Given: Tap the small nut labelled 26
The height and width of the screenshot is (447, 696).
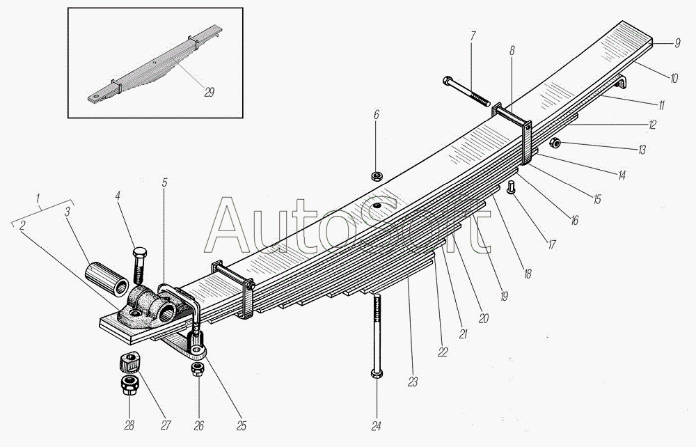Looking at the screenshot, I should pos(197,369).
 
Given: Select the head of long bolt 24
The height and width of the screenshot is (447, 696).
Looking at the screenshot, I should pos(376,374).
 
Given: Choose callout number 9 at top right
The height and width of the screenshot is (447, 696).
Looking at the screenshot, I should pos(677,44).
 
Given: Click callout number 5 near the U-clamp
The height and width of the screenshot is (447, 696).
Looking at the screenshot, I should pos(164,183).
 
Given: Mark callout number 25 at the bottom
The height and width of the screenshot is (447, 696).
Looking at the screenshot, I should pos(242,425).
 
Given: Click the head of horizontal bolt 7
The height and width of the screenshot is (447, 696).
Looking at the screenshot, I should pos(445,81).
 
